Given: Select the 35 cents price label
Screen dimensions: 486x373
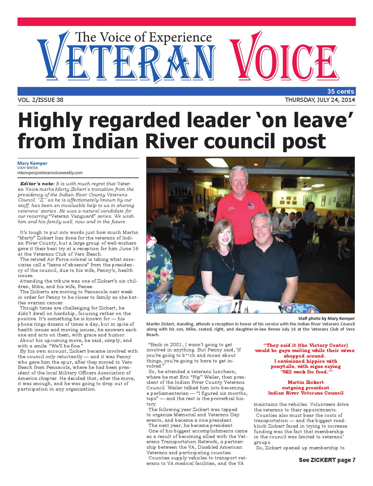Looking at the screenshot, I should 341,91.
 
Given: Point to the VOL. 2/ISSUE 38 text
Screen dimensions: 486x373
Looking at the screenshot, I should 41,100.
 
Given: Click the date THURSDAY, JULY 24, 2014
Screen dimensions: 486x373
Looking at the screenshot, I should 320,100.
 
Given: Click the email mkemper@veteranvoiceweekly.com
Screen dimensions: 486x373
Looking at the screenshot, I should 50,173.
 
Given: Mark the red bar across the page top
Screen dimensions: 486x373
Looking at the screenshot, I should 186,22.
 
